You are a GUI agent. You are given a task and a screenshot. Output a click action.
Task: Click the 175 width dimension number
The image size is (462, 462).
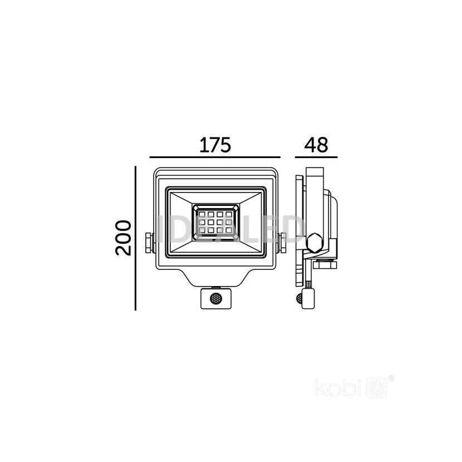point(215,145)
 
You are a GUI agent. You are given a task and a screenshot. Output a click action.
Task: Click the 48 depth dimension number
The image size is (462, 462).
point(316,145)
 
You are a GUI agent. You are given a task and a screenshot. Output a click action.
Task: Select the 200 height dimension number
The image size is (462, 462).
point(123,238)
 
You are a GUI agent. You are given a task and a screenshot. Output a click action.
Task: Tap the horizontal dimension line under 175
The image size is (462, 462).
point(215,158)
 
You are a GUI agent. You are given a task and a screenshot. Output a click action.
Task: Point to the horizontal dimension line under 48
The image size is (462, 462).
point(316,158)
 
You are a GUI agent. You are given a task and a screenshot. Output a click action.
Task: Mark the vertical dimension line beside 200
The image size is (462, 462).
point(135,238)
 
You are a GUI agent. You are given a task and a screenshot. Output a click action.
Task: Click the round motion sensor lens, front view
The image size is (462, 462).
point(216,298)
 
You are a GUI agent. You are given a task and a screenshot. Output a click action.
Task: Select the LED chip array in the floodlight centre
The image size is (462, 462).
point(215,222)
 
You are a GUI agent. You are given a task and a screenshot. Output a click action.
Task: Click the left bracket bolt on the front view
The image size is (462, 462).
point(149,243)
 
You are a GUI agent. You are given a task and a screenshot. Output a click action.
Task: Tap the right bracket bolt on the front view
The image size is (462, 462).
point(282,243)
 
